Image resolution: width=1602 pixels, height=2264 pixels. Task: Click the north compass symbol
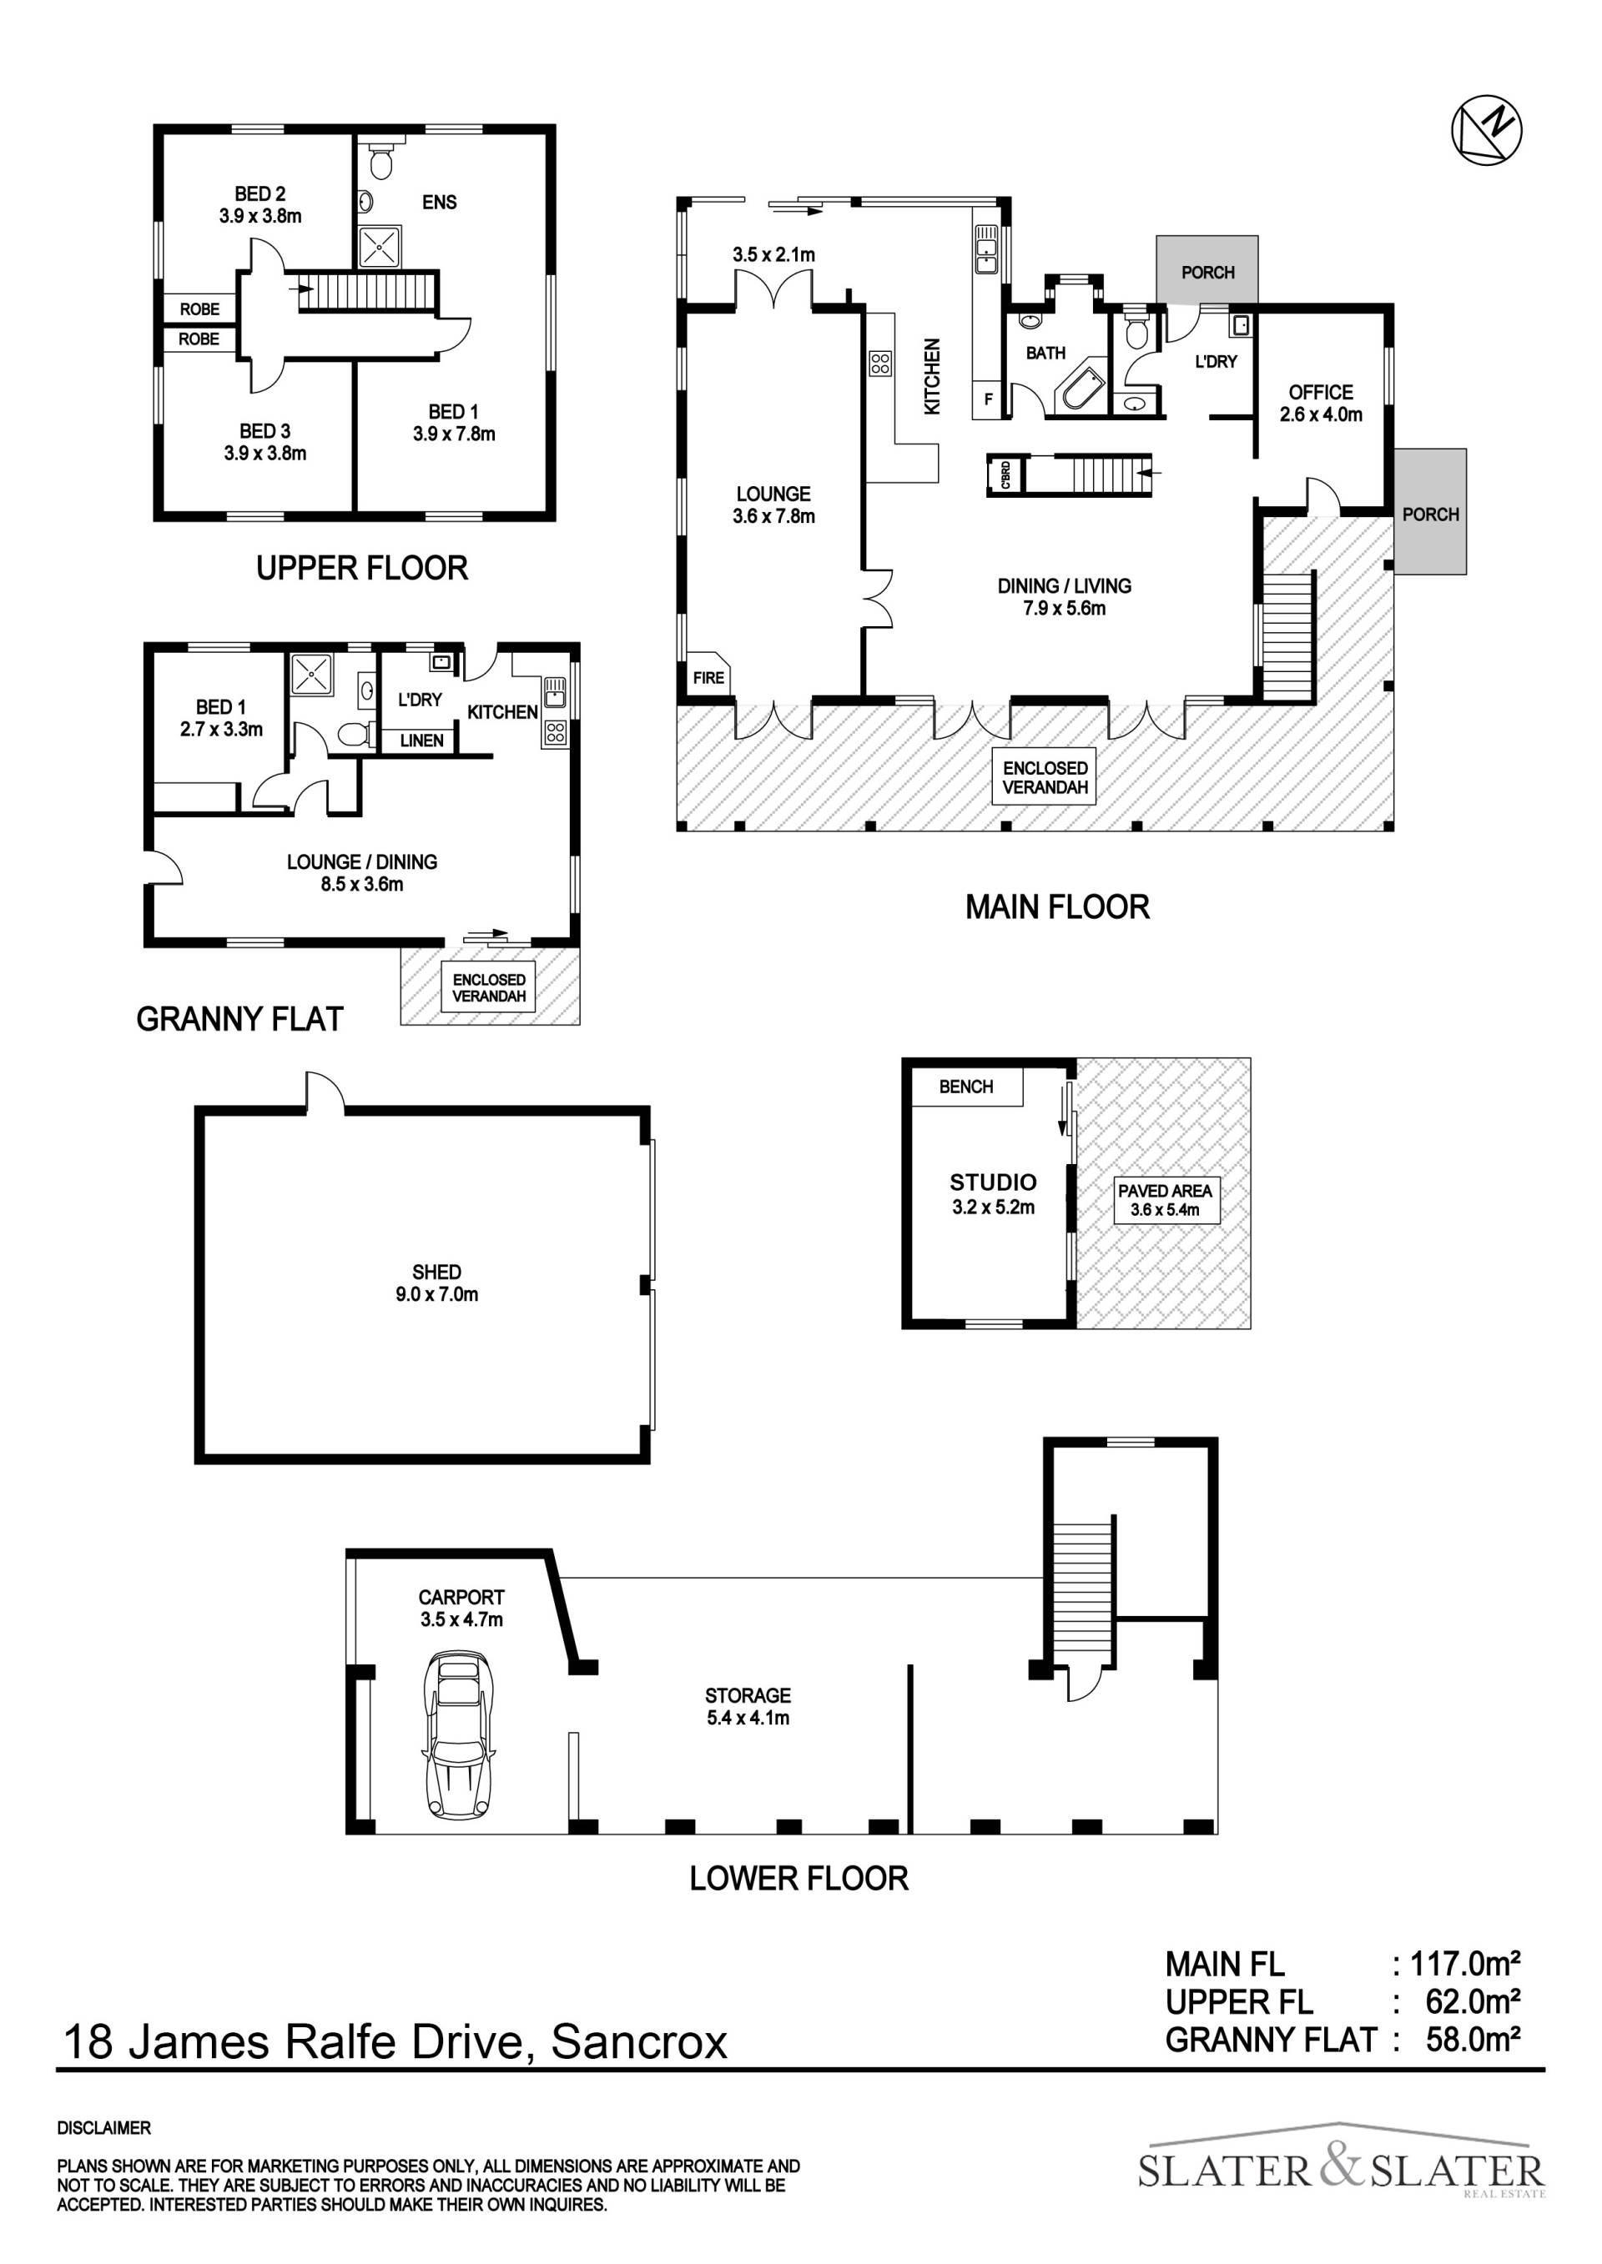[x=1487, y=130]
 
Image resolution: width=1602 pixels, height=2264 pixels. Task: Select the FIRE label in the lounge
[x=708, y=676]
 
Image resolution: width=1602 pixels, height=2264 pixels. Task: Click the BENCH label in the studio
[x=965, y=1086]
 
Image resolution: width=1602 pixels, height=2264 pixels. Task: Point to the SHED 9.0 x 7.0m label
[x=437, y=1283]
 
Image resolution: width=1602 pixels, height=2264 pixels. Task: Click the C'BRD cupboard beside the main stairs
[x=1005, y=475]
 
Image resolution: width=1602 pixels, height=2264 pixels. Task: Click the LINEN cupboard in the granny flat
[x=421, y=740]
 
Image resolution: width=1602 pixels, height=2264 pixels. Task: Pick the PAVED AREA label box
[x=1165, y=1200]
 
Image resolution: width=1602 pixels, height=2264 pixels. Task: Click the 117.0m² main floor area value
[x=1465, y=1965]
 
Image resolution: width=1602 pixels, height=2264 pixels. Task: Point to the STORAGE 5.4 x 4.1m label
[x=748, y=1707]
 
